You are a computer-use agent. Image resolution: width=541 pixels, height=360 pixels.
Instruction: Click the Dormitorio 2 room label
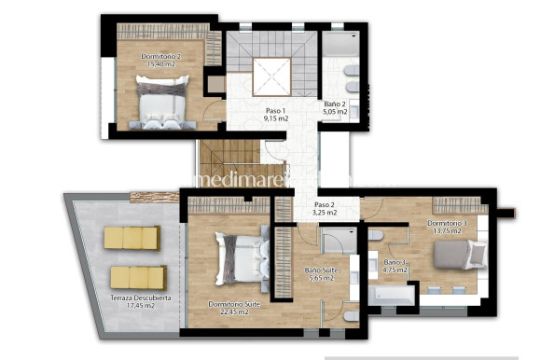[161, 56]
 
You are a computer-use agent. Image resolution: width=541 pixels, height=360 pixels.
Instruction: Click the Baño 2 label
[336, 104]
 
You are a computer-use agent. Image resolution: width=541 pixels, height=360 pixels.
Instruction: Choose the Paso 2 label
[324, 204]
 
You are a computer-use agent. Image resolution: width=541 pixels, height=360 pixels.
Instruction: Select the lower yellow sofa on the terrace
[138, 277]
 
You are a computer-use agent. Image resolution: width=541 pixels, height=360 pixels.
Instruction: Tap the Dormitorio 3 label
[447, 223]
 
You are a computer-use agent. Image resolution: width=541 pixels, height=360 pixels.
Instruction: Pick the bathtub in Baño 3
[390, 297]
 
